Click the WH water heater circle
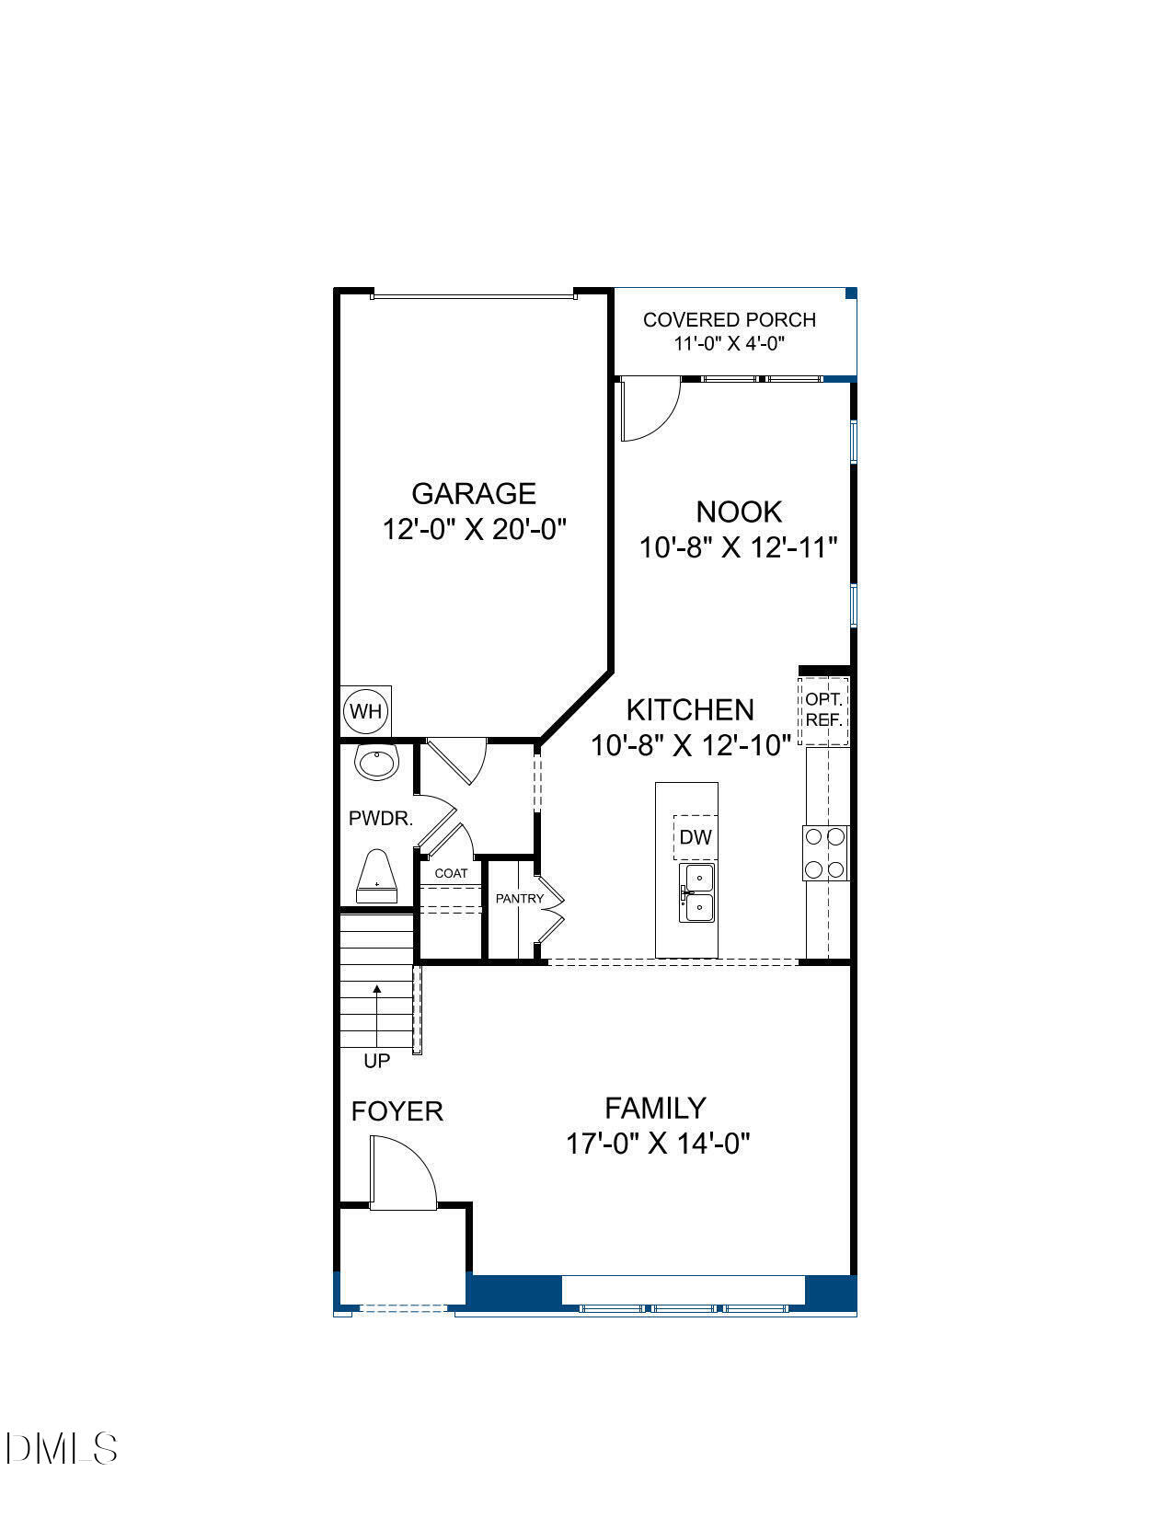tap(365, 711)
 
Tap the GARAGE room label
tap(474, 494)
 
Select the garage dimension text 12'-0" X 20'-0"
tap(474, 530)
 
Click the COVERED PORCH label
tap(730, 320)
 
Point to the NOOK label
tap(739, 512)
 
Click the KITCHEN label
tap(690, 709)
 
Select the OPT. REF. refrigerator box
tap(823, 710)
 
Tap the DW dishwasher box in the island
tap(696, 837)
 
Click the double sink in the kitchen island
tap(697, 892)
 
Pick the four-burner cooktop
tap(825, 853)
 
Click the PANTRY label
tap(519, 898)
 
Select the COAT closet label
tap(451, 873)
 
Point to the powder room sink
tap(376, 762)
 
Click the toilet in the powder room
tap(376, 877)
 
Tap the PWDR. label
tap(381, 818)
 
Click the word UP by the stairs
tap(376, 1061)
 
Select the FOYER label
tap(397, 1111)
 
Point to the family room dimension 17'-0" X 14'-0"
tap(658, 1144)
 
